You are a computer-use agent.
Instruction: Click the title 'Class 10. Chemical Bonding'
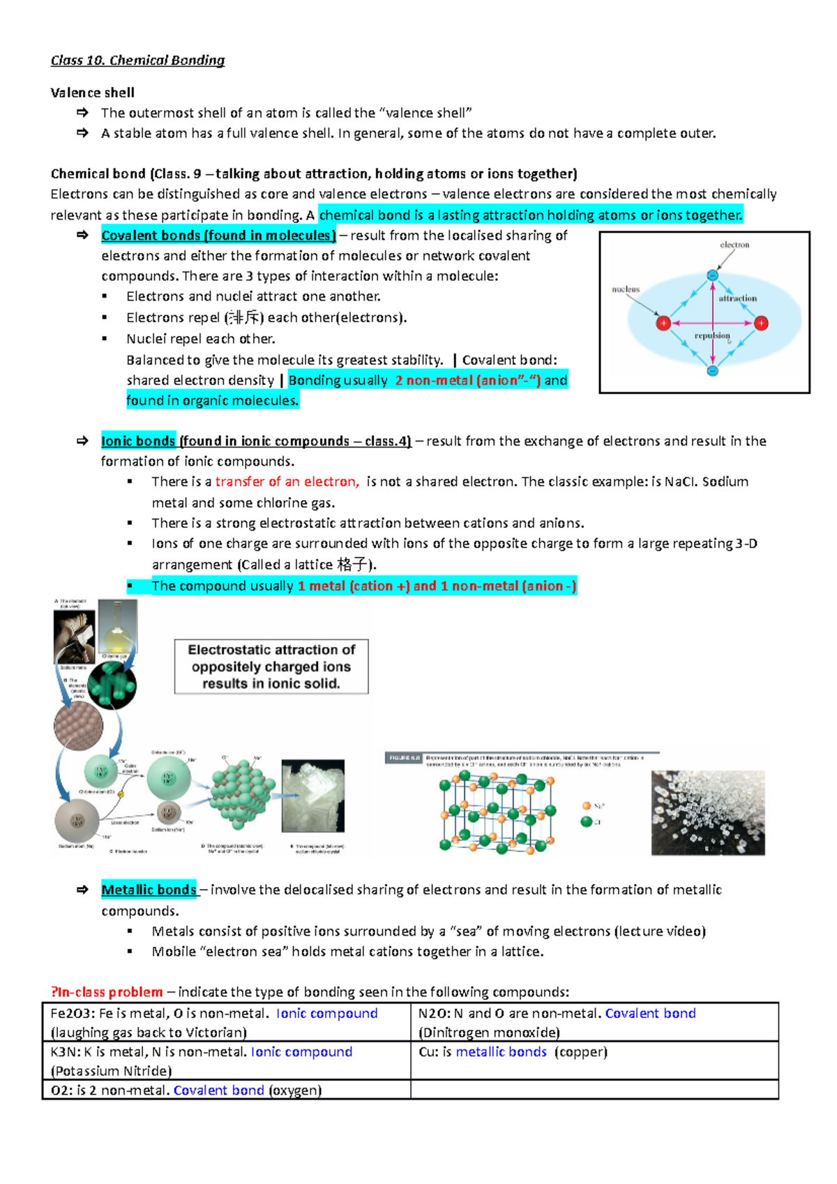pos(137,61)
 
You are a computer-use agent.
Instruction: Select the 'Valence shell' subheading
pos(92,93)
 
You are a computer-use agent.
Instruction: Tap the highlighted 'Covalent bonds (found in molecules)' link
pos(218,236)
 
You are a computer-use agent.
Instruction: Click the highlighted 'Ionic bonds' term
pos(138,441)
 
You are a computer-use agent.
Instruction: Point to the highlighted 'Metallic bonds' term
pos(149,890)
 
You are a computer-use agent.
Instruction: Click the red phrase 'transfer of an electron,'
pos(287,482)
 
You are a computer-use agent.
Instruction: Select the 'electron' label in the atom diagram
pos(734,245)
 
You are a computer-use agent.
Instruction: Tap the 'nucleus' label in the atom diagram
pos(626,289)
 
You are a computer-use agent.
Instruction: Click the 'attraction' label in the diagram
pos(737,298)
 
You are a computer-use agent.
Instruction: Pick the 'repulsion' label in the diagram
pos(711,336)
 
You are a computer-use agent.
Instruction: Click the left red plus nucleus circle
pos(663,323)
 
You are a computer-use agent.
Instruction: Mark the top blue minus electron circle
pos(712,275)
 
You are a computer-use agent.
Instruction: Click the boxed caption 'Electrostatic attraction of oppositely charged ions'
pos(271,667)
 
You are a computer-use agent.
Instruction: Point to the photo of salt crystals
pos(707,812)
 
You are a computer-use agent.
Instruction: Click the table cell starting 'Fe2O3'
pos(226,1022)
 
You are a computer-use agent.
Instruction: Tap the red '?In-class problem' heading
pos(107,992)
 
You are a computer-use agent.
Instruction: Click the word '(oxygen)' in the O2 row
pos(295,1091)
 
